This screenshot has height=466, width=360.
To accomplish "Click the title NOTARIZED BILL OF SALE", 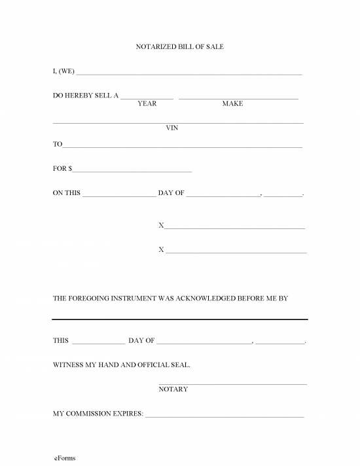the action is pyautogui.click(x=179, y=47).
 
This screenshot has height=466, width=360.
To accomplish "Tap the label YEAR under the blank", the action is pyautogui.click(x=147, y=104).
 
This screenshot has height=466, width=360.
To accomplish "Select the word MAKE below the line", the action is pyautogui.click(x=232, y=104).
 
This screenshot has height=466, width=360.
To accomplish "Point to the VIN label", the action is pyautogui.click(x=172, y=128).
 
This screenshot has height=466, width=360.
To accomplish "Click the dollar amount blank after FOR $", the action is pyautogui.click(x=132, y=171).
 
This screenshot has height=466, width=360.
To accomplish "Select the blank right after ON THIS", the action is pyautogui.click(x=119, y=196).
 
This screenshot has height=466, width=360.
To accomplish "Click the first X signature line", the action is pyautogui.click(x=235, y=228).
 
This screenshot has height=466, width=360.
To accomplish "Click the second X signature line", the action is pyautogui.click(x=236, y=252).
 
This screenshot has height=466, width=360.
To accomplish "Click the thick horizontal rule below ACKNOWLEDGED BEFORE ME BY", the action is pyautogui.click(x=179, y=319).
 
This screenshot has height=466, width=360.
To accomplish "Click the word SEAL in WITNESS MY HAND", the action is pyautogui.click(x=177, y=365).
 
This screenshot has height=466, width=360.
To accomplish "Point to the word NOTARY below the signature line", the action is pyautogui.click(x=173, y=389).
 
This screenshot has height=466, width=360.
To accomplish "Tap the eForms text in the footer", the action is pyautogui.click(x=65, y=458).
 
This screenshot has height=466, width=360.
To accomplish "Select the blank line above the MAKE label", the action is pyautogui.click(x=238, y=98).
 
